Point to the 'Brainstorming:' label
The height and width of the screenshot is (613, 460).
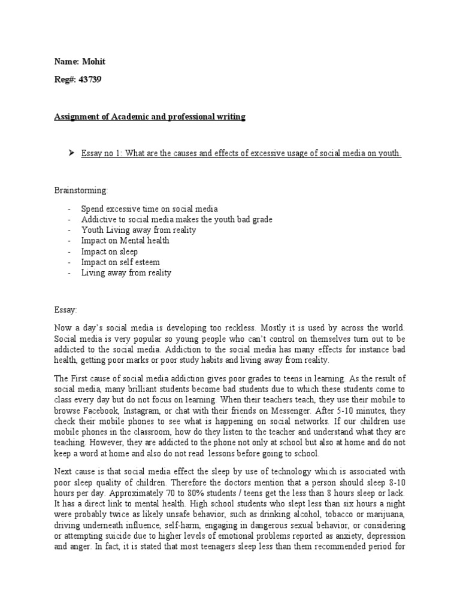coord(81,190)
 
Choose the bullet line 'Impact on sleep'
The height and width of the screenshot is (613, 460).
coord(109,251)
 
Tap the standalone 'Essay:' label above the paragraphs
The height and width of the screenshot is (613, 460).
coord(65,310)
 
